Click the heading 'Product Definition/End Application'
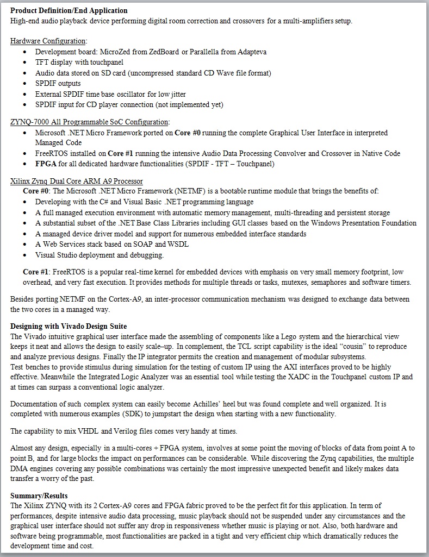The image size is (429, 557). tap(69, 10)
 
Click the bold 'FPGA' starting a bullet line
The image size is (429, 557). tap(46, 164)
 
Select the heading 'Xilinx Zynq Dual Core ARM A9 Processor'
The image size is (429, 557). tap(77, 180)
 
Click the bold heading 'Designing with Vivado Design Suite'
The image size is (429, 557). tap(69, 326)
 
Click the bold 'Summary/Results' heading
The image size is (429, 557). tap(39, 496)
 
